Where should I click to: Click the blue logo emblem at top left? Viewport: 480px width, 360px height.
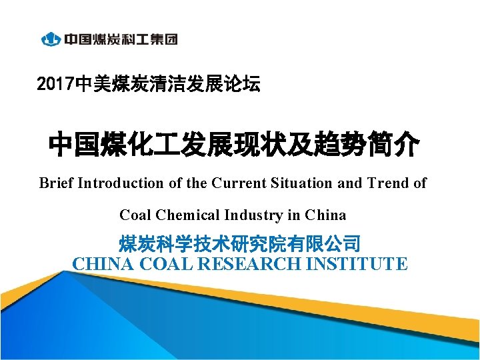(x=51, y=39)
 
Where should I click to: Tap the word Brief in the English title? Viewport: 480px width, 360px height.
(x=56, y=183)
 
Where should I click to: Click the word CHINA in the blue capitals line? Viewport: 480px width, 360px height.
(x=102, y=264)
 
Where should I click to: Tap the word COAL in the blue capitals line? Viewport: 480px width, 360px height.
(x=163, y=264)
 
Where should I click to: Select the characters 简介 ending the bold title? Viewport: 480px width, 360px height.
(x=393, y=144)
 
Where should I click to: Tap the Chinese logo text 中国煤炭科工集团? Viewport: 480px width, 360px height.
(x=121, y=39)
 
